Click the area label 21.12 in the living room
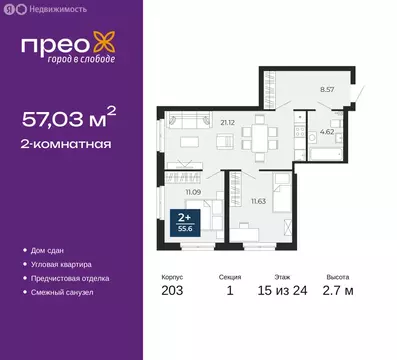[x=226, y=123]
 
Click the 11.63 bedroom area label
[x=257, y=201]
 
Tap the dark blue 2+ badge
[x=184, y=220]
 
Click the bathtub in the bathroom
[x=324, y=154]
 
